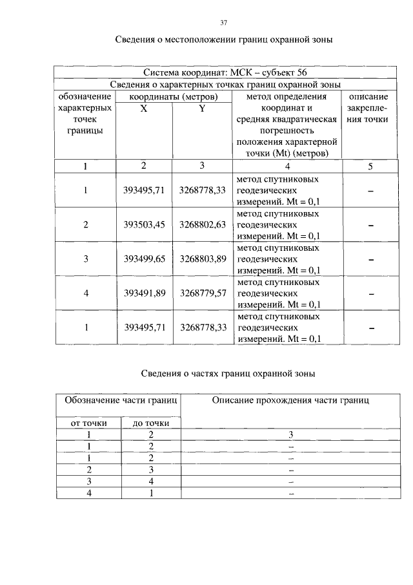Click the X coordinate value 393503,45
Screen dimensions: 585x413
(x=145, y=225)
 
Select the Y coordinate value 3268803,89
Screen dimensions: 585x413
(x=203, y=259)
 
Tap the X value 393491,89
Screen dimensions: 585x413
(x=145, y=293)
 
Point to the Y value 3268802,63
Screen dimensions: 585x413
(x=203, y=225)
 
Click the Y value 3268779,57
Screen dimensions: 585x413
(x=203, y=293)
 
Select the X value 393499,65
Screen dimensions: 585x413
(x=145, y=259)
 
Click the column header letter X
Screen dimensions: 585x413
(x=143, y=109)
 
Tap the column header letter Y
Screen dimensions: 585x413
(x=202, y=109)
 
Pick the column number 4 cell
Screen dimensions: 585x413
(x=287, y=166)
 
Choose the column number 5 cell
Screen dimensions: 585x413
(x=370, y=166)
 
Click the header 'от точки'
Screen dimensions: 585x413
(x=88, y=423)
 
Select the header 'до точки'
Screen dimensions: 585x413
(x=151, y=423)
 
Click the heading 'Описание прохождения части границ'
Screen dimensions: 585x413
(x=290, y=401)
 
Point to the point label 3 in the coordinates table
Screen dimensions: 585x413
(x=85, y=259)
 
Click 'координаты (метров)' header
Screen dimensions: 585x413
(x=172, y=96)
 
